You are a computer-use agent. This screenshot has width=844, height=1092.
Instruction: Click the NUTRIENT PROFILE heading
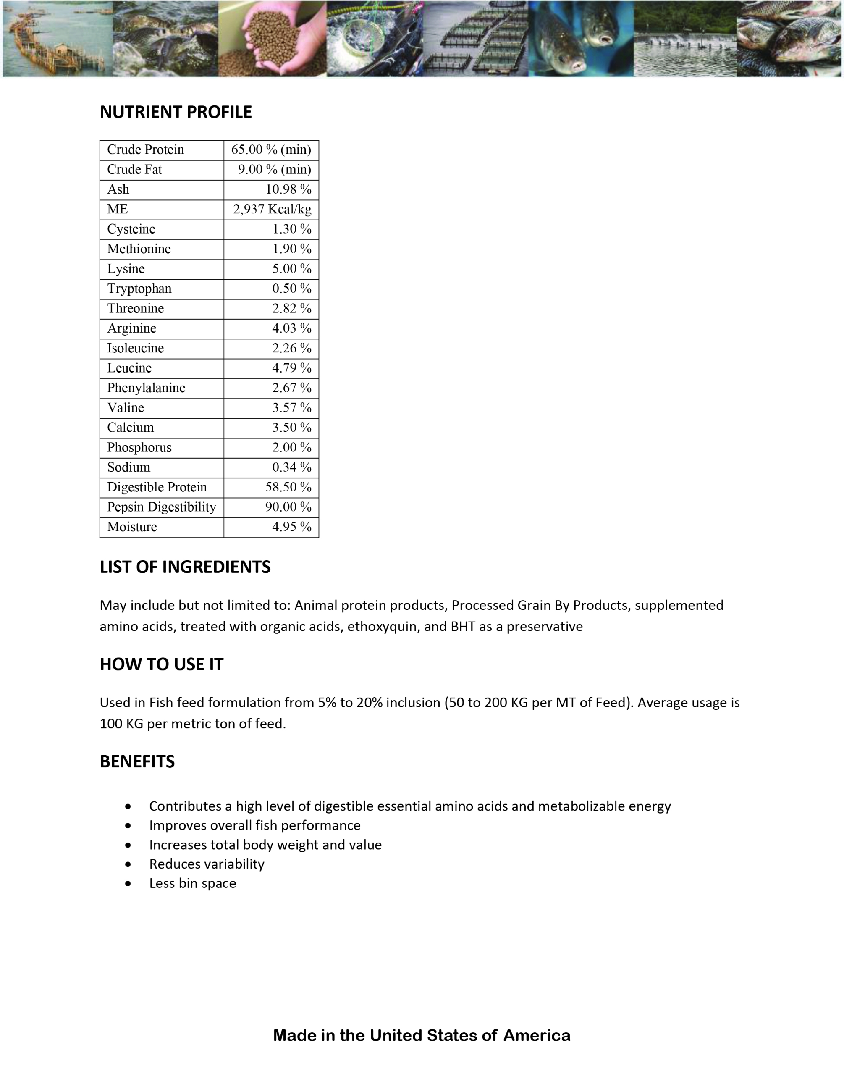point(176,112)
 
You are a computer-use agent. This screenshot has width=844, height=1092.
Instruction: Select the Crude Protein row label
point(146,150)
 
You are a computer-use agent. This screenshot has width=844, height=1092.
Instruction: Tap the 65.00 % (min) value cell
point(271,150)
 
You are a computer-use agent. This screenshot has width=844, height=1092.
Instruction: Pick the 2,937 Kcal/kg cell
point(272,209)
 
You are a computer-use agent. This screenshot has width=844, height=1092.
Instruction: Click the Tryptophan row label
point(139,289)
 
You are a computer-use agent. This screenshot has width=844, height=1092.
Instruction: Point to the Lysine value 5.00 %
point(291,268)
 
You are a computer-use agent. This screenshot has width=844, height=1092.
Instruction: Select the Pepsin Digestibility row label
point(162,507)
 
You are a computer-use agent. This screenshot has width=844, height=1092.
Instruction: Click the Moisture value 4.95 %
point(291,527)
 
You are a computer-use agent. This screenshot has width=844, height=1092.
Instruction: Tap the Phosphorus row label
point(139,447)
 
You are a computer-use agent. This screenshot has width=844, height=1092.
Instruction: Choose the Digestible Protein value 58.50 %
point(288,487)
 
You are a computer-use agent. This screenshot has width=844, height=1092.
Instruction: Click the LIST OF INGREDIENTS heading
point(185,567)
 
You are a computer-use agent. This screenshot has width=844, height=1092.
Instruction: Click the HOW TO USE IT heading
point(162,664)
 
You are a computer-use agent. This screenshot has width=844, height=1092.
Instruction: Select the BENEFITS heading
point(137,761)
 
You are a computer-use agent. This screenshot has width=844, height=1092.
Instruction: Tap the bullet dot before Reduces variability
point(128,864)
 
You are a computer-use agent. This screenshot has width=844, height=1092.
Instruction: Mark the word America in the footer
point(537,1035)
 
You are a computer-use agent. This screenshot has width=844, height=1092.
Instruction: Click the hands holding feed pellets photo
point(273,39)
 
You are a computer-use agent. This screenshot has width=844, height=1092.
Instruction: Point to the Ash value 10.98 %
point(288,189)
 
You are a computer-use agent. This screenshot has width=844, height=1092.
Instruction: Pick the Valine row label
point(126,407)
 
